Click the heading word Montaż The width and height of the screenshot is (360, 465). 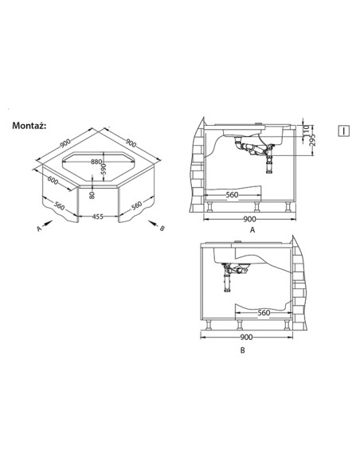29,126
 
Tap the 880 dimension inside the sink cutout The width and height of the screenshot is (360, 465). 96,162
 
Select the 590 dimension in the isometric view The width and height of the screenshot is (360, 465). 104,169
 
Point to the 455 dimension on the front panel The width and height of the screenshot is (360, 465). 97,217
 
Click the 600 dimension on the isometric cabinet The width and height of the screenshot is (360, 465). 53,180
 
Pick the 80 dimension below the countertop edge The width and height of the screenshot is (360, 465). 92,195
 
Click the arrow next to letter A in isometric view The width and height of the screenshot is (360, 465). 48,223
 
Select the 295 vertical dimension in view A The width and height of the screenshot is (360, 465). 312,140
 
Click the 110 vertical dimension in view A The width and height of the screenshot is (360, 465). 307,130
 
